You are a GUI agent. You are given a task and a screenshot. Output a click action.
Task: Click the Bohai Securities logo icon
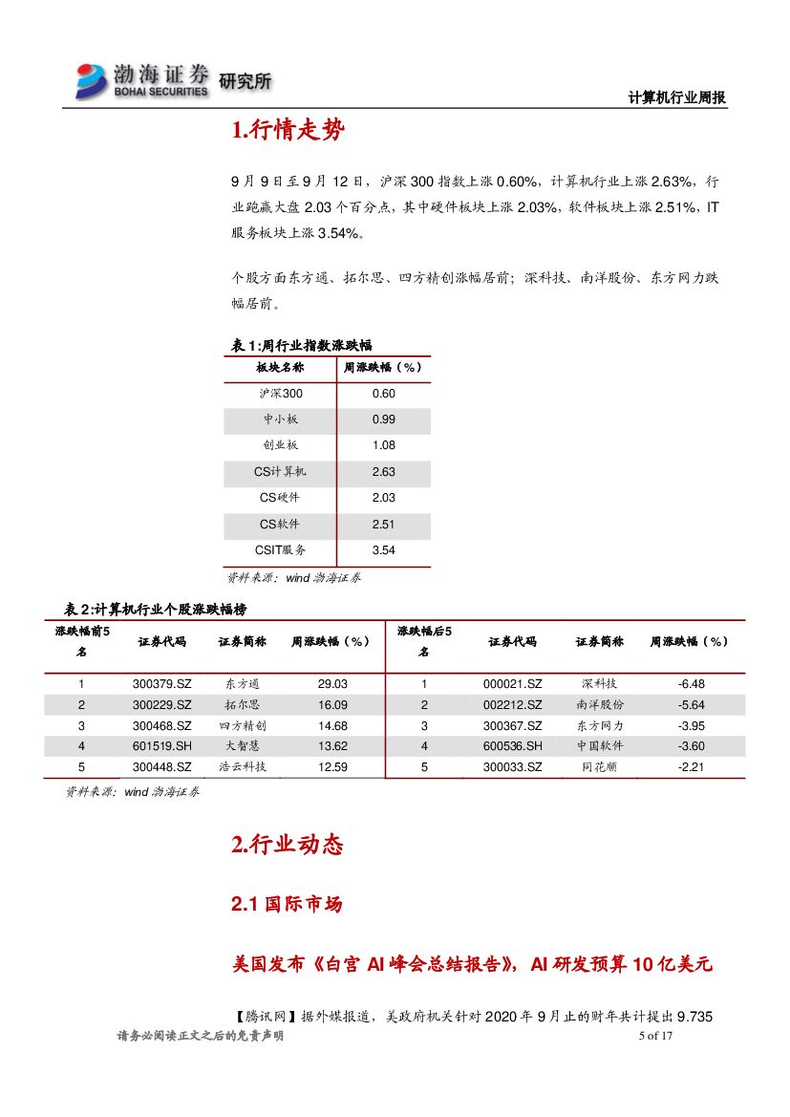(x=93, y=80)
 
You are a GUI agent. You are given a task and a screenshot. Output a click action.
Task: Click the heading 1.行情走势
(x=288, y=132)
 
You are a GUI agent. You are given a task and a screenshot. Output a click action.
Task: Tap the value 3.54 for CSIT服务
(x=383, y=550)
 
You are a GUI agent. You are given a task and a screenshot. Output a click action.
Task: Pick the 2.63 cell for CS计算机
(x=383, y=472)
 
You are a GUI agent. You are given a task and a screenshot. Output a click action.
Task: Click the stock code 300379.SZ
(x=162, y=684)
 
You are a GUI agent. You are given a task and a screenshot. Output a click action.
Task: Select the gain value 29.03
(x=332, y=684)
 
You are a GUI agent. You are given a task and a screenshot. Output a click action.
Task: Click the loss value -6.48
(x=690, y=684)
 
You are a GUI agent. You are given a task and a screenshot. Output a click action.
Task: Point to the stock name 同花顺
(x=599, y=767)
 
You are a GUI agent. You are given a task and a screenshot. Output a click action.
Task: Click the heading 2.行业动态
(x=287, y=845)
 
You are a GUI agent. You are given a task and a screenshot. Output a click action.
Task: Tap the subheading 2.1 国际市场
(x=287, y=904)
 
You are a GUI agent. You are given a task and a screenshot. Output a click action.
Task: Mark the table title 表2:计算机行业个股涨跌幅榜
(x=159, y=609)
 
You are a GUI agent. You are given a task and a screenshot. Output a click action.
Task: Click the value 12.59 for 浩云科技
(x=332, y=767)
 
